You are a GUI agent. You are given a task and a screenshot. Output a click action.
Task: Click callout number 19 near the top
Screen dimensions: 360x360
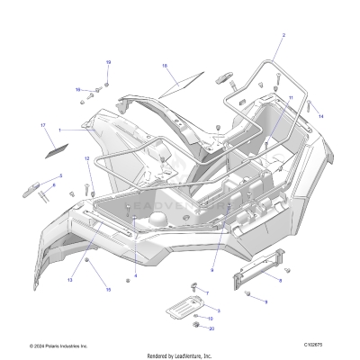coord(108,61)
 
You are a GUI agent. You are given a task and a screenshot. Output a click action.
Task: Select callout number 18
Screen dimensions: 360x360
coord(165,66)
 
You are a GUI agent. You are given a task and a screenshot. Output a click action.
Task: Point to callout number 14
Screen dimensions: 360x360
coord(320,116)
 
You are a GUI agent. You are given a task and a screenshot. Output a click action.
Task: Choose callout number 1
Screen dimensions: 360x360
coord(60,130)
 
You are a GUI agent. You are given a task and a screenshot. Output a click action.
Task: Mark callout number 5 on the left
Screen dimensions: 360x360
coord(61,175)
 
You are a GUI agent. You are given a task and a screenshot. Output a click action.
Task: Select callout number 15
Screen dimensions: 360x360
coord(108,290)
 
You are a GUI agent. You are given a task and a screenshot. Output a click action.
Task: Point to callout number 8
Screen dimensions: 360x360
coord(279,281)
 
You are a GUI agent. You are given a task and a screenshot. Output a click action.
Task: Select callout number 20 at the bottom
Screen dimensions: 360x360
coord(211,328)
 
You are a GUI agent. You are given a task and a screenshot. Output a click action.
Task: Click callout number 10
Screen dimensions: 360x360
coord(211,319)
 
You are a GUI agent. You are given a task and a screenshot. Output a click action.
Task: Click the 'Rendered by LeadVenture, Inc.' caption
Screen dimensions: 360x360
coord(180,354)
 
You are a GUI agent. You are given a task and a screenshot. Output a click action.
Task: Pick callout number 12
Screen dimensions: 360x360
coord(87,159)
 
